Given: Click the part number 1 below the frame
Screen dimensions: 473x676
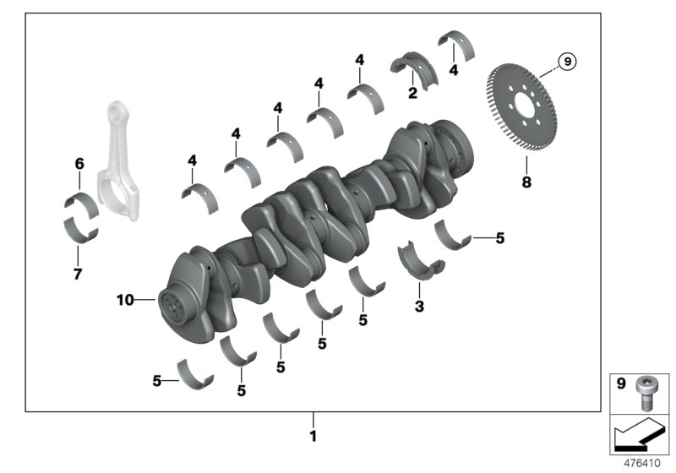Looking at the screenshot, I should click(x=313, y=437).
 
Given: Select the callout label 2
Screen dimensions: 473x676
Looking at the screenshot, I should click(x=412, y=93).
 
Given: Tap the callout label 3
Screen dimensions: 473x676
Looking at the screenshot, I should click(x=419, y=306).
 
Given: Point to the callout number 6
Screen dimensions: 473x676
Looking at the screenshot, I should click(x=79, y=162).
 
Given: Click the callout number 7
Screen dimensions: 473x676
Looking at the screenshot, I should click(x=77, y=275).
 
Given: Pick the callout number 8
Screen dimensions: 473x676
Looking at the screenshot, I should click(x=526, y=182).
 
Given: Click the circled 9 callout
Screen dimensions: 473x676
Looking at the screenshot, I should click(x=567, y=61).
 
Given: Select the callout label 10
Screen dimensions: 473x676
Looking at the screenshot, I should click(x=125, y=299).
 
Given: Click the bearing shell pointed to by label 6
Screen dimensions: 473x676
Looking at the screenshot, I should click(x=81, y=202).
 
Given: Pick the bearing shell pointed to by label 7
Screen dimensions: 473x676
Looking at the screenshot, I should click(x=81, y=229).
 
